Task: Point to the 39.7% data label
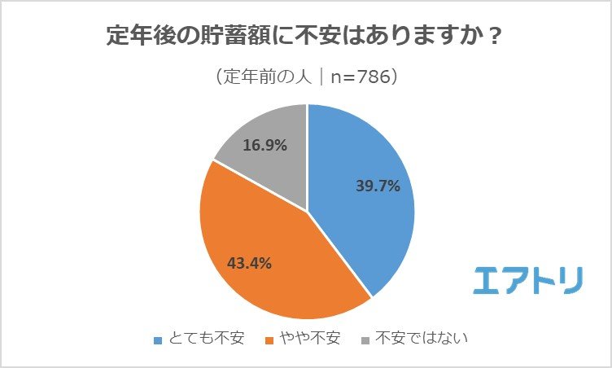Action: pyautogui.click(x=378, y=186)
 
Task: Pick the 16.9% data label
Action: pyautogui.click(x=265, y=147)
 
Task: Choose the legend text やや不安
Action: pyautogui.click(x=311, y=338)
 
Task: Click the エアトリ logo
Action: pyautogui.click(x=529, y=279)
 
